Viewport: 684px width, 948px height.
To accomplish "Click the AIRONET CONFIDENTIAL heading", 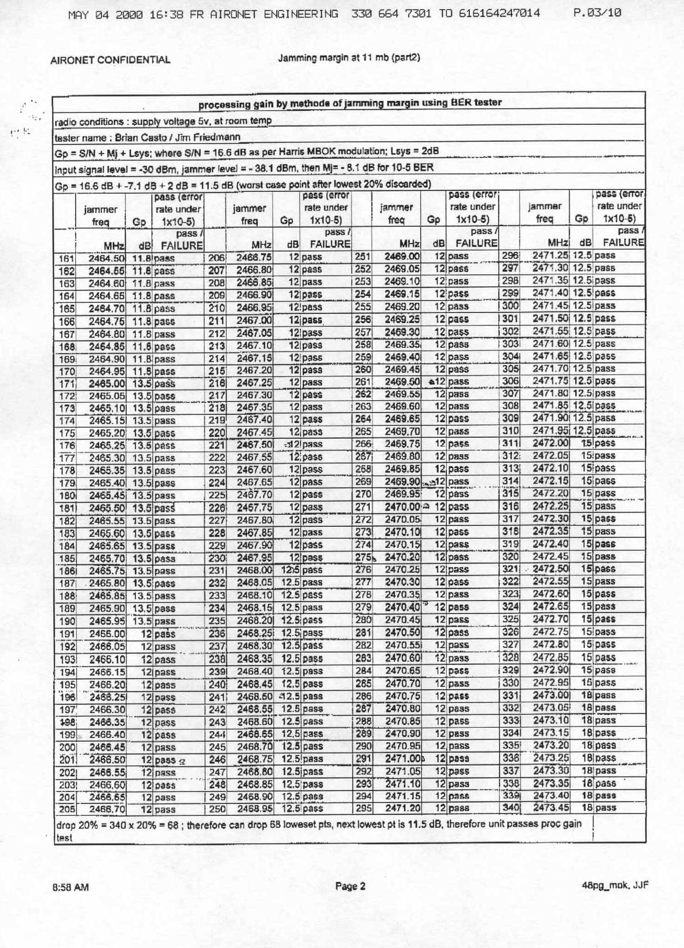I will coord(110,60).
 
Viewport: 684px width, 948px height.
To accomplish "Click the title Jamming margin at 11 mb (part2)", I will coord(349,58).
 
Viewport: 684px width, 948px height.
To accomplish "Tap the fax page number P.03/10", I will coord(597,13).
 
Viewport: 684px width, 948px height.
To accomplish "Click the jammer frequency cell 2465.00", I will coord(106,384).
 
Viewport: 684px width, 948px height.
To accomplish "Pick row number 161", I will coord(67,259).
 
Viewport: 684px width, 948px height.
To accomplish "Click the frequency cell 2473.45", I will coord(551,808).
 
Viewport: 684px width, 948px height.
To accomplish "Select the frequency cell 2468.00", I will coord(254,570).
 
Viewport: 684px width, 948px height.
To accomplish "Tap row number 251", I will coord(362,256).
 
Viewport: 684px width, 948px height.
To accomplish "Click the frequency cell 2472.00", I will coord(551,443).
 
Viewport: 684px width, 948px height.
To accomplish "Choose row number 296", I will coord(510,256).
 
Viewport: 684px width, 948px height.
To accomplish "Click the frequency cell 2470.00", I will coord(402,507).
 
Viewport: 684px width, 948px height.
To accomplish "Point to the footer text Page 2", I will coord(350,886).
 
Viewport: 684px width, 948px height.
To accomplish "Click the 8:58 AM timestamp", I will coord(71,887).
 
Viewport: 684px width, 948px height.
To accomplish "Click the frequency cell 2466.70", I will coord(107,809).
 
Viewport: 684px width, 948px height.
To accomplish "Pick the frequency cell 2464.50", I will coord(106,259).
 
